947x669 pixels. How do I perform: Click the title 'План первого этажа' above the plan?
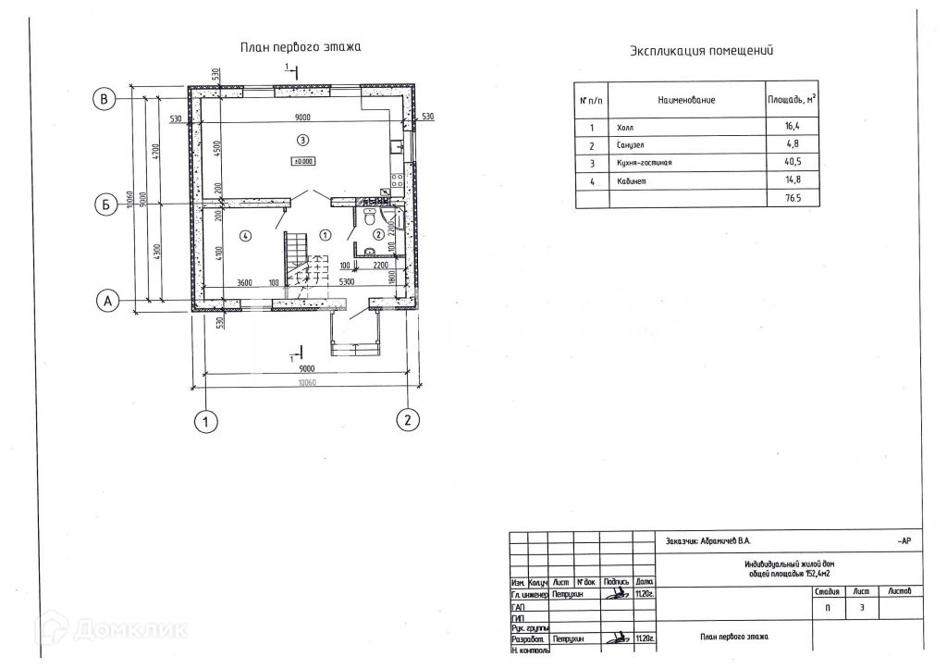[x=301, y=46]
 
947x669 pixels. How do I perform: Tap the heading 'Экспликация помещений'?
[x=701, y=51]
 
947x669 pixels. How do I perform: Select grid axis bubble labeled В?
[x=106, y=98]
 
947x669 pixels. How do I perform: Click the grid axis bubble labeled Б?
[x=106, y=204]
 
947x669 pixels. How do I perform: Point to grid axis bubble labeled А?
[x=108, y=301]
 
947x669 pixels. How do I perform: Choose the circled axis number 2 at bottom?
[x=404, y=419]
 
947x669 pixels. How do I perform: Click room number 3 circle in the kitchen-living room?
[x=301, y=140]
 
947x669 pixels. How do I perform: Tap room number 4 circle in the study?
[x=245, y=236]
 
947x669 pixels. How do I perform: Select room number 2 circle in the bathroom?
[x=377, y=233]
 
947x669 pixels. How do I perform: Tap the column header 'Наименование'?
[x=686, y=99]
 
